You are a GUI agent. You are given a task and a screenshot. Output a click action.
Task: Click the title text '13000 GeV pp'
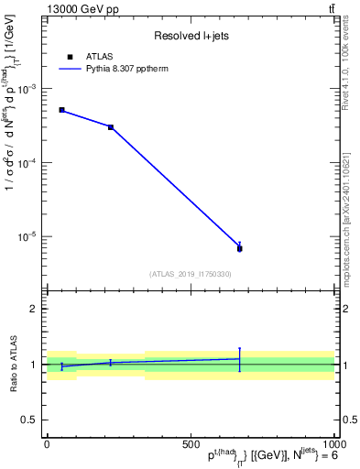(80, 9)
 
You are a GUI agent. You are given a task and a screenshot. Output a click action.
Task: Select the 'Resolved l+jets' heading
(190, 36)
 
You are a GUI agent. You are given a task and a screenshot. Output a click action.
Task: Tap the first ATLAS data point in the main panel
(61, 110)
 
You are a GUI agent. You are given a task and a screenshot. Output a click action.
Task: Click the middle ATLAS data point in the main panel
(111, 127)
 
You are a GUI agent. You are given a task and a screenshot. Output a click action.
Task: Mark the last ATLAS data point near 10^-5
(239, 248)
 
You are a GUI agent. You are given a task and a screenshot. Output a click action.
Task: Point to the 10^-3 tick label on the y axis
(27, 89)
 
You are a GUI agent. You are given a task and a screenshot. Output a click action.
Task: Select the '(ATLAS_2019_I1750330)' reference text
(190, 274)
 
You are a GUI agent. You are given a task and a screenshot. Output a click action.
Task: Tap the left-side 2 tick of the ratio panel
(35, 310)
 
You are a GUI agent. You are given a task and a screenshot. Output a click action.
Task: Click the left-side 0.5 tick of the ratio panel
(30, 420)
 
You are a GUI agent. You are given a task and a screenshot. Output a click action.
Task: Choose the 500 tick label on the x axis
(191, 443)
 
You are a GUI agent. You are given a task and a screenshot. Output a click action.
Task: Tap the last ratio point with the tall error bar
(239, 359)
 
